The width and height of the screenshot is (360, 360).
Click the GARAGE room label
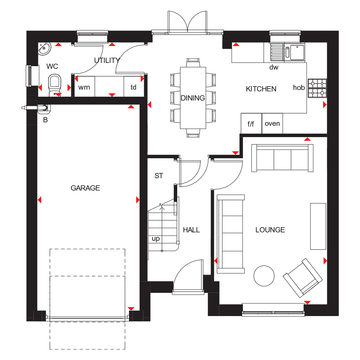85,188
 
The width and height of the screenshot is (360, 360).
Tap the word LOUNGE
270,230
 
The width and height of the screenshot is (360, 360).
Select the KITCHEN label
261,89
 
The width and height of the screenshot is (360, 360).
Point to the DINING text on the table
193,98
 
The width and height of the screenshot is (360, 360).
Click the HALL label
191,230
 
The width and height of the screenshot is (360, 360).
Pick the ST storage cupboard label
159,176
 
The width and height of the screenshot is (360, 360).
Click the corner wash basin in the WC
44,48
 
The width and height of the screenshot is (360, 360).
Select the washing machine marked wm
84,86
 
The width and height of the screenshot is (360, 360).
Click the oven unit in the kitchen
272,123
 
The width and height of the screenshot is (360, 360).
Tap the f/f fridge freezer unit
251,123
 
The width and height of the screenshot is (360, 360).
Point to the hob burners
317,88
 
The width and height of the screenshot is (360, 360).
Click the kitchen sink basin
297,52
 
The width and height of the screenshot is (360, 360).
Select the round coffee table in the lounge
264,276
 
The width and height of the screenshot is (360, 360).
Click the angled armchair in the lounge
303,278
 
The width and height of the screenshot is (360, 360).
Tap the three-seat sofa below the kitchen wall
282,158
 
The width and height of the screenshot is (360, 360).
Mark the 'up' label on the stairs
156,239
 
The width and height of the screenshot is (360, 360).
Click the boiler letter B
45,120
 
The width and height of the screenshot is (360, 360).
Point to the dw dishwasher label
274,67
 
